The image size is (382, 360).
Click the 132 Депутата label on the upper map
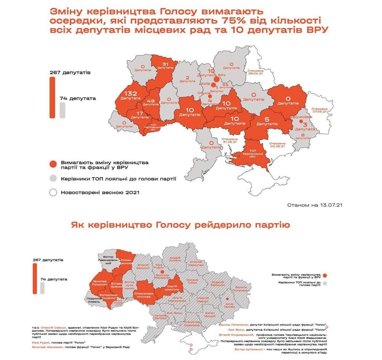coord(131,95)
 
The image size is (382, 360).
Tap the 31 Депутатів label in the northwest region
coord(165,66)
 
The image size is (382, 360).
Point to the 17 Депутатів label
coord(139,115)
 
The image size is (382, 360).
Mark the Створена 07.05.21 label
coord(319,110)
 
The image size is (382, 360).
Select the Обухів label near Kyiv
coord(208,92)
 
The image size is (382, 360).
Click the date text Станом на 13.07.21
coord(315,205)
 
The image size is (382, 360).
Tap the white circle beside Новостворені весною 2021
coord(53,192)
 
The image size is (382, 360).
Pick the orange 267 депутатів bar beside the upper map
coord(52,97)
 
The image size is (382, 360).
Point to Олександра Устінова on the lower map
coord(144,295)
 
